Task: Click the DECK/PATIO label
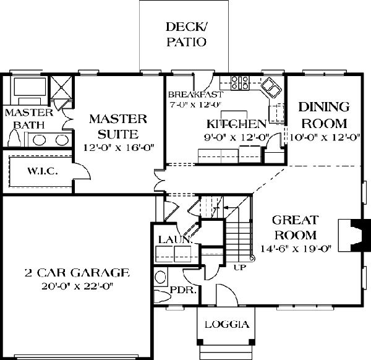[x=186, y=34]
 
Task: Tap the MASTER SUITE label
[x=118, y=126]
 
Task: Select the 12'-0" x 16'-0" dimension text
[x=119, y=148]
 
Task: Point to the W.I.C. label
[x=43, y=171]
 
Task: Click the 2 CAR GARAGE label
[x=77, y=273]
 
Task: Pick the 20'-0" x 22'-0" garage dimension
[x=77, y=286]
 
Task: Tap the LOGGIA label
[x=227, y=324]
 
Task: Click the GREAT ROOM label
[x=296, y=227]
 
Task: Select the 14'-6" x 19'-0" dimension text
[x=296, y=249]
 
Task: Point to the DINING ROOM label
[x=324, y=115]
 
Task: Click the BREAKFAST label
[x=195, y=95]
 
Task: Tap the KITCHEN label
[x=237, y=124]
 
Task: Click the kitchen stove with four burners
[x=240, y=83]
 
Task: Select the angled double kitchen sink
[x=271, y=87]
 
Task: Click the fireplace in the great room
[x=354, y=235]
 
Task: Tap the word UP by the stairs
[x=240, y=268]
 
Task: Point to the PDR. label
[x=183, y=290]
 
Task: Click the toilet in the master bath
[x=15, y=139]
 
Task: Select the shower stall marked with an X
[x=61, y=87]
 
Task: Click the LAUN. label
[x=174, y=240]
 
